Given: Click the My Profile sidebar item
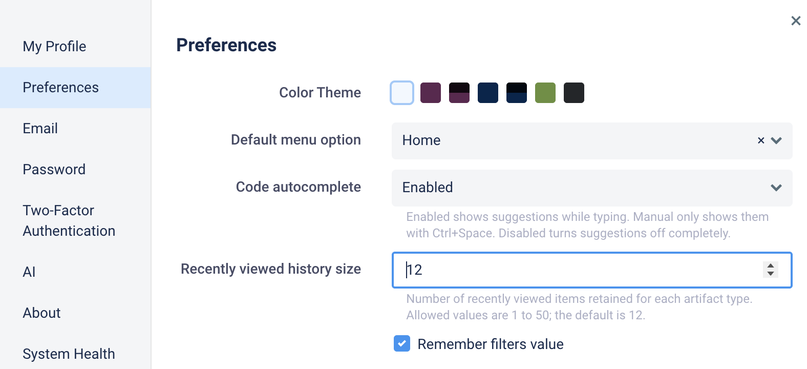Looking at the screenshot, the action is (x=54, y=47).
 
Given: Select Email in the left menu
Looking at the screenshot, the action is (x=40, y=129).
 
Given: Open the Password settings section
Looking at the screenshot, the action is (x=54, y=170).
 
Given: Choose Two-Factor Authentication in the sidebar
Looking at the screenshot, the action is (x=69, y=220).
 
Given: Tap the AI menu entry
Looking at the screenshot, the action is (x=29, y=272).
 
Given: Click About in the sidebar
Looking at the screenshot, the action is (x=41, y=313).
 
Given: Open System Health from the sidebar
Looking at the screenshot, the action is (x=69, y=354).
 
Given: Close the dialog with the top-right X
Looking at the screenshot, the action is (x=795, y=21).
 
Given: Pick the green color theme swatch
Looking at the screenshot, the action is (x=545, y=93).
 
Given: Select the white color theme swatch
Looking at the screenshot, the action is (x=401, y=93).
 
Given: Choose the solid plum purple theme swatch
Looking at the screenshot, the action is (x=431, y=93).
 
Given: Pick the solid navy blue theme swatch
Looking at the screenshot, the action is (x=488, y=93).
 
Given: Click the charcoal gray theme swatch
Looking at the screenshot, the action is (x=574, y=93).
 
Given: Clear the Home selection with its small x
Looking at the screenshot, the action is (x=761, y=140).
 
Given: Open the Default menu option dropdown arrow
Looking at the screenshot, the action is (x=776, y=140).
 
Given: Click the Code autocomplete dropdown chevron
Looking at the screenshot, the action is (x=776, y=188).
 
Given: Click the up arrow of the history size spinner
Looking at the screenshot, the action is (x=771, y=266).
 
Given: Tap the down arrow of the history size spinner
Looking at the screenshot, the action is (x=771, y=274).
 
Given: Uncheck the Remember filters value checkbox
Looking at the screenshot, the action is (x=402, y=343).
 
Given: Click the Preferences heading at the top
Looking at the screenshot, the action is (x=226, y=45).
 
